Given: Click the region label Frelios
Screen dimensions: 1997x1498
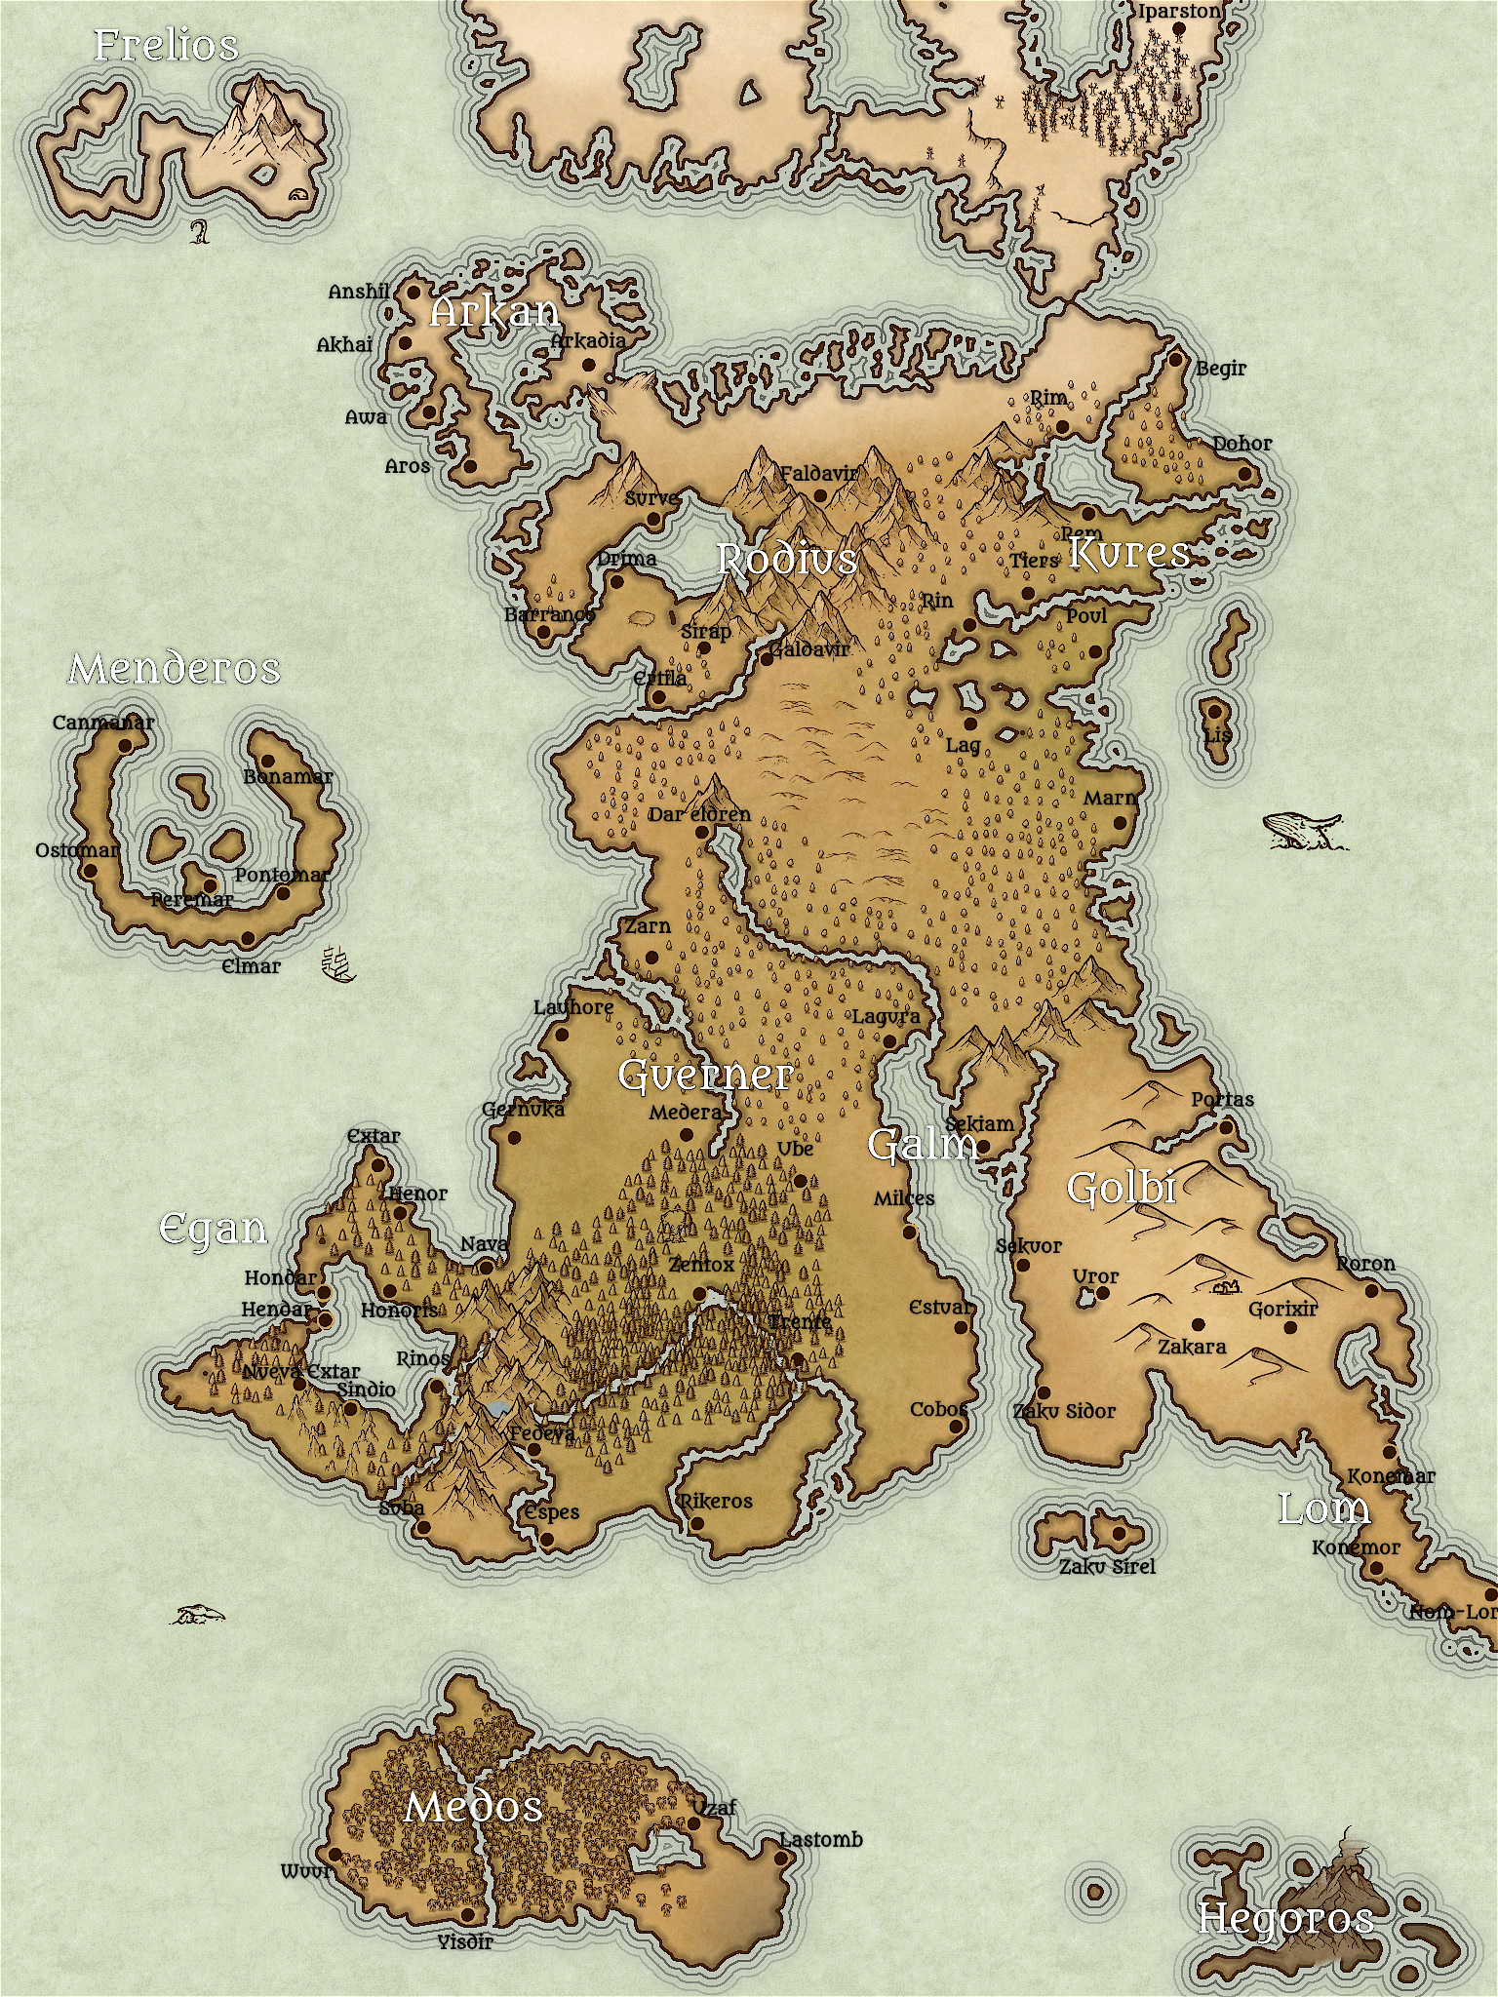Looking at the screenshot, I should pyautogui.click(x=166, y=46).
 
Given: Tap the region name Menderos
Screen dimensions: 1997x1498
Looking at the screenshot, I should pyautogui.click(x=175, y=669).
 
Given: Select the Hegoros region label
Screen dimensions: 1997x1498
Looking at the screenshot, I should pyautogui.click(x=1285, y=1919).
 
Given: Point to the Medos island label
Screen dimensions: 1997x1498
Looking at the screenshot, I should pyautogui.click(x=473, y=1807).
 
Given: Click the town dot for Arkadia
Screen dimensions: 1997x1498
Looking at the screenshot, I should pyautogui.click(x=588, y=365).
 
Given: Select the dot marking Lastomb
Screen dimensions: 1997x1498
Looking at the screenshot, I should pyautogui.click(x=780, y=1859).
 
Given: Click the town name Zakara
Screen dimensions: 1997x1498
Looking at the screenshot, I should pyautogui.click(x=1192, y=1347).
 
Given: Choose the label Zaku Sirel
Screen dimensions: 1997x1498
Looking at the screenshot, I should pyautogui.click(x=1107, y=1566).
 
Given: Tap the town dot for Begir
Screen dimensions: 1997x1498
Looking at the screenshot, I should pyautogui.click(x=1176, y=360).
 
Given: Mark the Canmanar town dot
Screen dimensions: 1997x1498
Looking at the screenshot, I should pyautogui.click(x=125, y=746).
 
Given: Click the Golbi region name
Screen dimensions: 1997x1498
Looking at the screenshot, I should pyautogui.click(x=1122, y=1188).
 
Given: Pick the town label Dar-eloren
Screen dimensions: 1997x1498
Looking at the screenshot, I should pyautogui.click(x=700, y=814).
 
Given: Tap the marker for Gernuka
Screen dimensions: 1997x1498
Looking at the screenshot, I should pyautogui.click(x=514, y=1137).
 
